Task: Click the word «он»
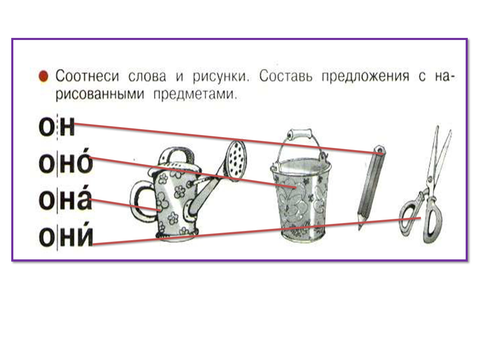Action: click(x=57, y=127)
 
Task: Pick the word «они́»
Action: click(x=66, y=235)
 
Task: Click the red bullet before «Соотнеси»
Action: click(x=43, y=76)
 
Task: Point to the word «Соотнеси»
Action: click(x=87, y=76)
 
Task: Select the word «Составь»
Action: click(x=286, y=76)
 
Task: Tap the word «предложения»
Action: click(x=365, y=77)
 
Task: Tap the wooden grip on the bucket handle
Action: click(x=299, y=134)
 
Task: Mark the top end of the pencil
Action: click(x=380, y=150)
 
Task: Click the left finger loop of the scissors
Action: click(x=410, y=214)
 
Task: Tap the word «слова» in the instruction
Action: click(x=147, y=76)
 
